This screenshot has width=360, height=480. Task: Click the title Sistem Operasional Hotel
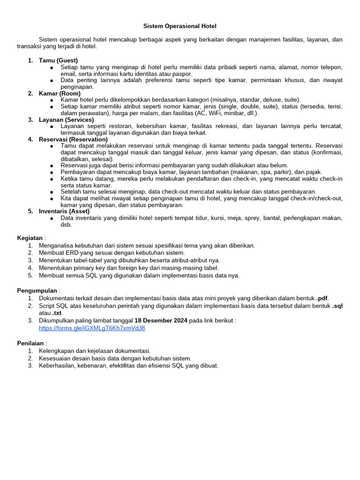(x=180, y=26)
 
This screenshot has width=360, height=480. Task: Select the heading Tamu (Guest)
(x=58, y=60)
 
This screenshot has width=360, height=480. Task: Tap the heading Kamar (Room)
(x=60, y=93)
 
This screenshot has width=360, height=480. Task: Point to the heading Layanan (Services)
(x=66, y=120)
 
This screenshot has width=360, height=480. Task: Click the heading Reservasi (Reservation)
(x=73, y=139)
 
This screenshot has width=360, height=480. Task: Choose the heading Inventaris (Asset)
(x=64, y=211)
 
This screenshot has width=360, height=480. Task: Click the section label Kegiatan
(x=30, y=238)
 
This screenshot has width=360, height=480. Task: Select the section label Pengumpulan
(x=37, y=291)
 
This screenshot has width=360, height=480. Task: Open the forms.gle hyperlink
(x=92, y=328)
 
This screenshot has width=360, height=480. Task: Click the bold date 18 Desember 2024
(x=161, y=321)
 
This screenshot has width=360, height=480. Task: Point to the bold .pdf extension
(x=322, y=298)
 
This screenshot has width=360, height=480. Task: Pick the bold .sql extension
(x=337, y=306)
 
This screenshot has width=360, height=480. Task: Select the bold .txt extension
(x=57, y=313)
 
